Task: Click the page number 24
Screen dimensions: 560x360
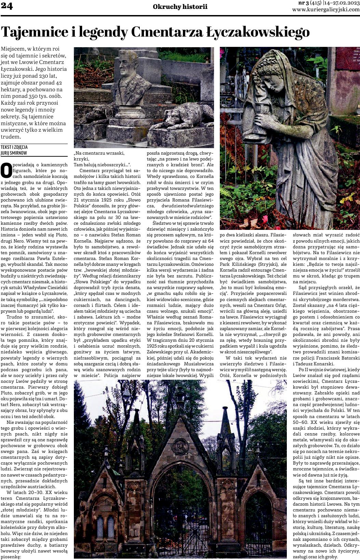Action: point(7,6)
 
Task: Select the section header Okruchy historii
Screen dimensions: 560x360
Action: point(180,6)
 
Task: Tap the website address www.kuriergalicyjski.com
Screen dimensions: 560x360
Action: point(325,10)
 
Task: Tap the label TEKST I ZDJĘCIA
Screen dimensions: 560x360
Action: point(14,147)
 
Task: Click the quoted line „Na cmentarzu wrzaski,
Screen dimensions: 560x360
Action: point(99,153)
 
